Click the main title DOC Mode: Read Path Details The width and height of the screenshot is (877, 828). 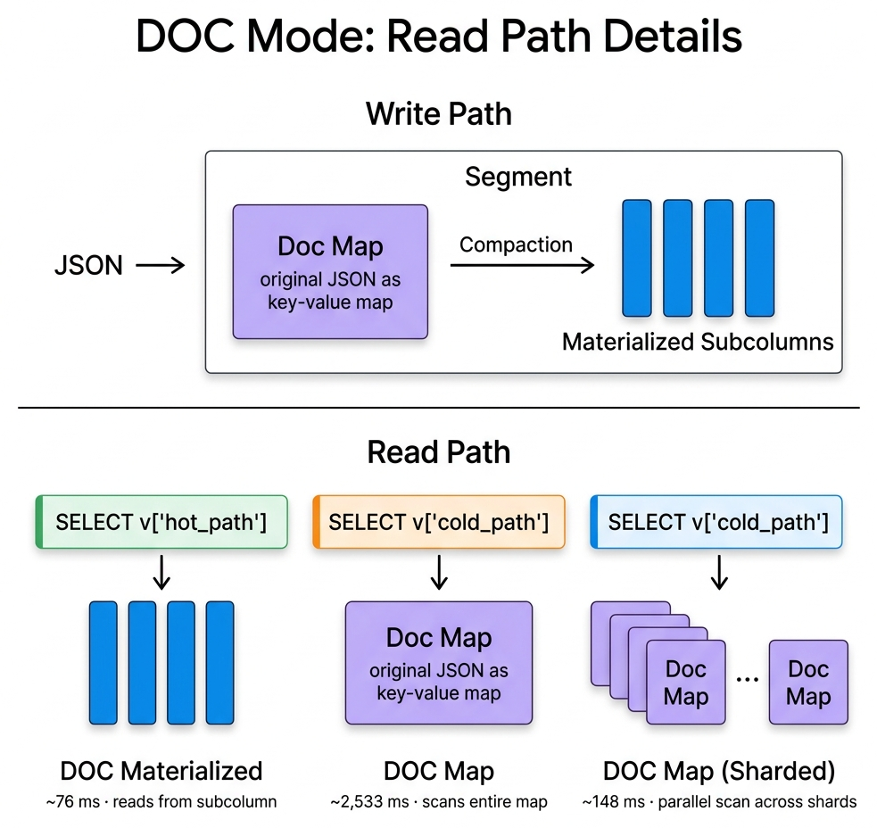[x=438, y=37]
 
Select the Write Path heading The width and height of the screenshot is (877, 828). [x=438, y=114]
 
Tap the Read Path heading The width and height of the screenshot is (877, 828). [x=438, y=452]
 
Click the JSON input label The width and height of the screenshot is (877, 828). [x=88, y=265]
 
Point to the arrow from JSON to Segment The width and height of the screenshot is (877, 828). [x=161, y=265]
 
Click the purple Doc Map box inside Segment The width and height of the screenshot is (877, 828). [x=330, y=271]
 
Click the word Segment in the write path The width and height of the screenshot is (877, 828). [x=518, y=177]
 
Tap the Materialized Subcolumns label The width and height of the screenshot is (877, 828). [x=697, y=342]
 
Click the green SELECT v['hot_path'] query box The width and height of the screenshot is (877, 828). [x=161, y=522]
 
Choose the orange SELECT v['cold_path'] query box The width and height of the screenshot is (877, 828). [x=438, y=522]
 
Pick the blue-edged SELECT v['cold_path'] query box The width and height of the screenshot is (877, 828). [x=716, y=522]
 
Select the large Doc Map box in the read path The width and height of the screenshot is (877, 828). [x=438, y=662]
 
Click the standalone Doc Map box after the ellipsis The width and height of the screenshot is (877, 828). [x=808, y=683]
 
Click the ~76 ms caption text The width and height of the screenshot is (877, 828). [x=161, y=801]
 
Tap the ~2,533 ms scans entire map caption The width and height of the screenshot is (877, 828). [x=438, y=801]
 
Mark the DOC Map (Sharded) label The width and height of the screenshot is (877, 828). [x=719, y=771]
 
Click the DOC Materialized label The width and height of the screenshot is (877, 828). [x=161, y=771]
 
